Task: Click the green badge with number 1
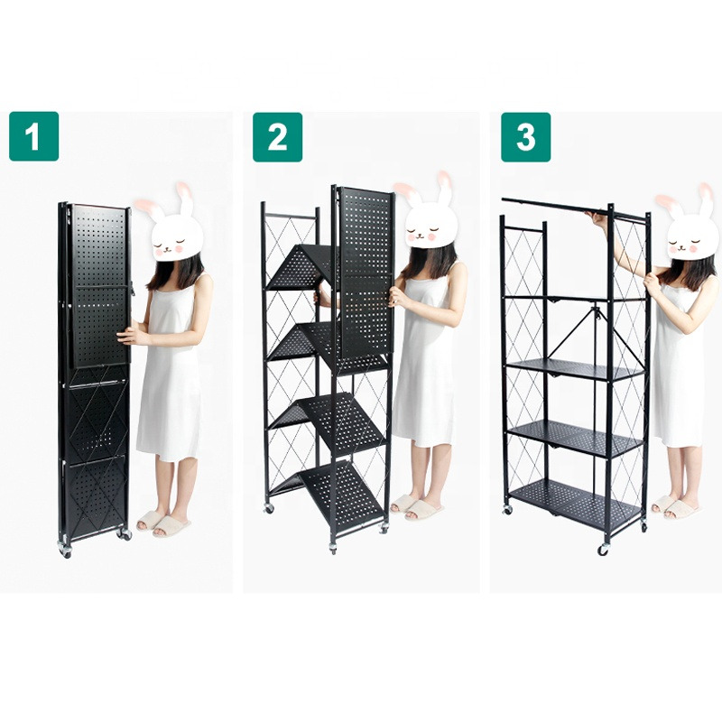(x=33, y=136)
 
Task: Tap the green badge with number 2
(x=277, y=136)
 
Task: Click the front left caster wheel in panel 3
(x=602, y=549)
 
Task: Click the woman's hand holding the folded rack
(x=131, y=336)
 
